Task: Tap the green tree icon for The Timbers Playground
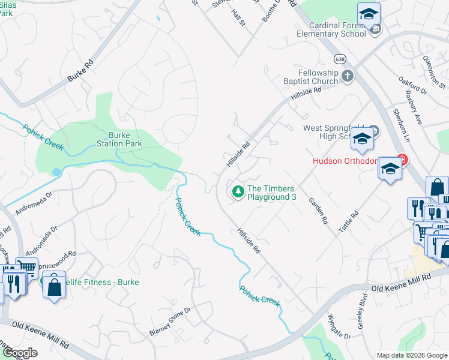[x=238, y=191]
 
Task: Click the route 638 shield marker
[x=340, y=59]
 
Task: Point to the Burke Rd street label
[x=82, y=71]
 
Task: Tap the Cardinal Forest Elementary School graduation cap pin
[x=369, y=13]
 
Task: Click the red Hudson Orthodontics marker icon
[x=402, y=160]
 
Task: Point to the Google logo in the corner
[x=19, y=353]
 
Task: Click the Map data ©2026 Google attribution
[x=412, y=355]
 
